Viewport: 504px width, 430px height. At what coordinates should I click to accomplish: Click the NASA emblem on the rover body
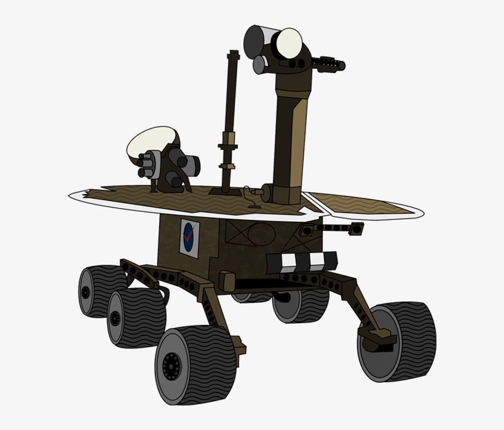190,238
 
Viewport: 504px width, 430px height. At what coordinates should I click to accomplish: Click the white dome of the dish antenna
151,141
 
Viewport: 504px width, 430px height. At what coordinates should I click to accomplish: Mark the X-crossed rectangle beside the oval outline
236,233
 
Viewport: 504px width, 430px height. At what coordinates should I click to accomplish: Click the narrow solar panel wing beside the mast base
363,205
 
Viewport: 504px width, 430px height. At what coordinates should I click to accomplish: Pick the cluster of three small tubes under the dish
148,165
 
